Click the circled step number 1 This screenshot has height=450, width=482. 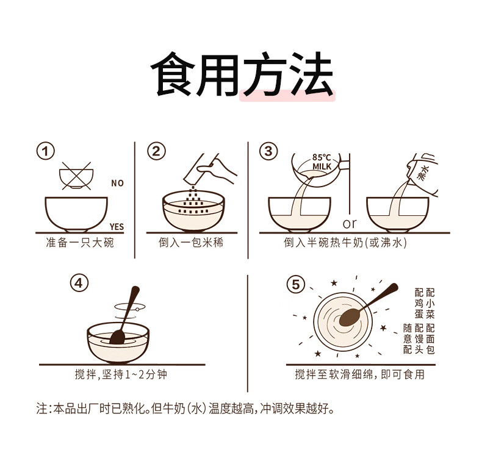click(x=46, y=151)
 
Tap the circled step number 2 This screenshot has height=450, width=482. click(x=156, y=151)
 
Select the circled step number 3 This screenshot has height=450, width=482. click(x=268, y=151)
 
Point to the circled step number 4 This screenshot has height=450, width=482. click(x=79, y=283)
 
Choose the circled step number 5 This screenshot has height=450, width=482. click(x=295, y=284)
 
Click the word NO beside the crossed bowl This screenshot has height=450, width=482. click(x=117, y=184)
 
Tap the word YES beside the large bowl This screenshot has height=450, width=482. click(x=117, y=227)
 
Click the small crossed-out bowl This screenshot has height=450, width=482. click(x=76, y=176)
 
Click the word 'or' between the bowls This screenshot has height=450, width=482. click(x=350, y=224)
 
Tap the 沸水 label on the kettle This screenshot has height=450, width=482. click(x=423, y=173)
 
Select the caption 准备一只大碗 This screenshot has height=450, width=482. click(x=79, y=243)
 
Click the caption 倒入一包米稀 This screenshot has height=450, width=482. click(x=191, y=243)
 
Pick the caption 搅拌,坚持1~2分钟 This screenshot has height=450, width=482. click(x=121, y=374)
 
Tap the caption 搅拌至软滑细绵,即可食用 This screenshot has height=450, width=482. click(x=359, y=374)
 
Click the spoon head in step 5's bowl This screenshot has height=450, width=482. click(x=350, y=317)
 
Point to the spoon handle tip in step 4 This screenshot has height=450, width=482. click(x=135, y=289)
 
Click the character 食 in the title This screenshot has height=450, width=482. click(x=173, y=74)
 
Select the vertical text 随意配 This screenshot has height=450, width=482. click(x=408, y=339)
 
